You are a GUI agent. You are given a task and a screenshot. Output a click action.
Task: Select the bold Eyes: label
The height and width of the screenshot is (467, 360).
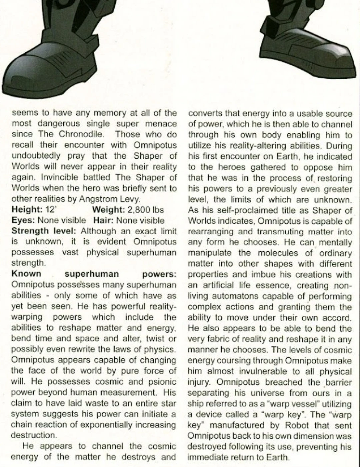[23, 220]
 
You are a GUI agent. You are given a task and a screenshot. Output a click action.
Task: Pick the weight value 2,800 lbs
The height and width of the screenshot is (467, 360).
[146, 210]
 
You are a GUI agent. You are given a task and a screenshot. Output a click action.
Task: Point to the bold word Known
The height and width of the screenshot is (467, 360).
[26, 274]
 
